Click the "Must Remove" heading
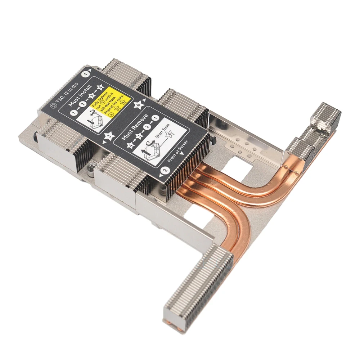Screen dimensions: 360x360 coord(134,129)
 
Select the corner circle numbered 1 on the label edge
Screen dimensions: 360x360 coord(86,73)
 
